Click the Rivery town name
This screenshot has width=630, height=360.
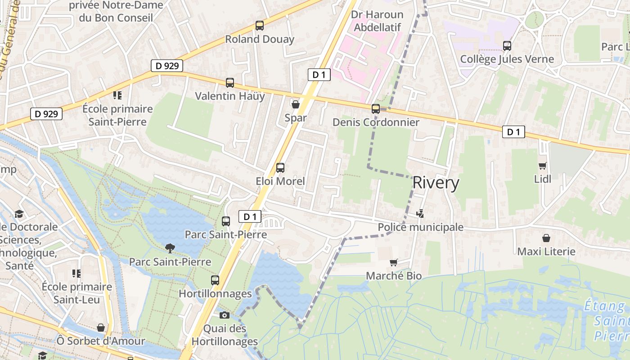click(x=436, y=183)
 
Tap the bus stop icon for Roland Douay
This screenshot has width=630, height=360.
click(x=260, y=26)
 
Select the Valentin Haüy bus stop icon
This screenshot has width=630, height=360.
click(x=230, y=83)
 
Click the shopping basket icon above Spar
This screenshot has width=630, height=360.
click(x=296, y=104)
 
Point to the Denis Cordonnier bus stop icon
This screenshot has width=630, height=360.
click(x=376, y=109)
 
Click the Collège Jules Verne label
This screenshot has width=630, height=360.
click(x=507, y=59)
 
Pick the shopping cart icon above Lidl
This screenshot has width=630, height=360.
click(x=543, y=166)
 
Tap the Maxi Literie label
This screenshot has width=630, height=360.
click(x=546, y=251)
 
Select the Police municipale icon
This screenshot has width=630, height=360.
click(x=420, y=213)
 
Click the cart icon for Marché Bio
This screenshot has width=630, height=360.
click(x=394, y=262)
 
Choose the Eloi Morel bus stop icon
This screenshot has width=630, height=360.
click(x=280, y=168)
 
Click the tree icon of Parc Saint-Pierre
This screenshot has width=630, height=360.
click(x=170, y=248)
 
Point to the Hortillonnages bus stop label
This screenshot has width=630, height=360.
click(x=215, y=293)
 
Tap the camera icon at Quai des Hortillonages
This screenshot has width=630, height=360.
click(x=225, y=315)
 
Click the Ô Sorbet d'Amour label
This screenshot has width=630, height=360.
click(x=101, y=341)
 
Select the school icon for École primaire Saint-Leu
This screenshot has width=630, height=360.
click(x=76, y=273)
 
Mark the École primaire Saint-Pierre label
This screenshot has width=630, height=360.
click(x=117, y=115)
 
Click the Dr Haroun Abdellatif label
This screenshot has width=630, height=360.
click(x=377, y=21)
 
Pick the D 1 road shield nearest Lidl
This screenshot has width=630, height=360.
click(x=513, y=132)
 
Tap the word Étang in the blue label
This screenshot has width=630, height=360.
click(x=604, y=306)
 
